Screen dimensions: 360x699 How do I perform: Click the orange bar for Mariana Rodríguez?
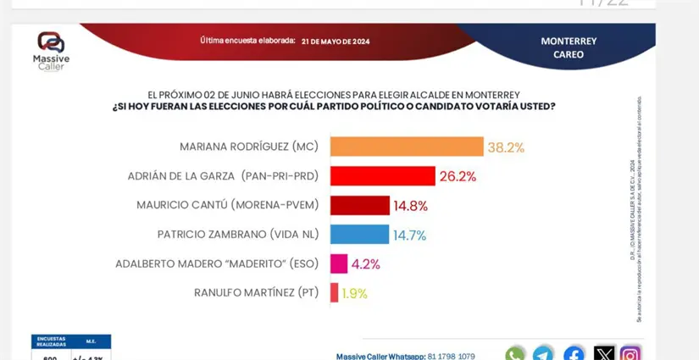point(406,147)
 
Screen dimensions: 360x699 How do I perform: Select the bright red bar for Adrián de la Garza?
point(382,176)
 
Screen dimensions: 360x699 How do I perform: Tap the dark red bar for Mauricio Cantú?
point(359,205)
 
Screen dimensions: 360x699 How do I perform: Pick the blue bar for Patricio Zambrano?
point(359,235)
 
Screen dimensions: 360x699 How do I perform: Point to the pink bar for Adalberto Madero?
point(338,263)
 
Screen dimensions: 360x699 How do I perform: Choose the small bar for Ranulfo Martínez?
point(334,293)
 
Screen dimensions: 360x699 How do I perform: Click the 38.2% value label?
point(506,147)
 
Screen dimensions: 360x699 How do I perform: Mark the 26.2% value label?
point(458,176)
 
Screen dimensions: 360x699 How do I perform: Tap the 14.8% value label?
point(410,206)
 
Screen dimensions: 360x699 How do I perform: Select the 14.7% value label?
point(410,235)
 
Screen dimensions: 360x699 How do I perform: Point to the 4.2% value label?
point(366,264)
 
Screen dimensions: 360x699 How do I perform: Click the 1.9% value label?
point(354,293)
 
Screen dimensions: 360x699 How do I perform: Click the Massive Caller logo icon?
point(51,42)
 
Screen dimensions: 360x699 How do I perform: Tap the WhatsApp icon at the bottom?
point(515,354)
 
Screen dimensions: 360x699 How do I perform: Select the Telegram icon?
point(544,354)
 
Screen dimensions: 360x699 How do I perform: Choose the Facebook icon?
point(574,354)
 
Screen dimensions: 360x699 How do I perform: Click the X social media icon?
point(603,354)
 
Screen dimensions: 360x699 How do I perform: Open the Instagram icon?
point(630,354)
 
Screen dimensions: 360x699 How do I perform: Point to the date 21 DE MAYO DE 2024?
point(336,42)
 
